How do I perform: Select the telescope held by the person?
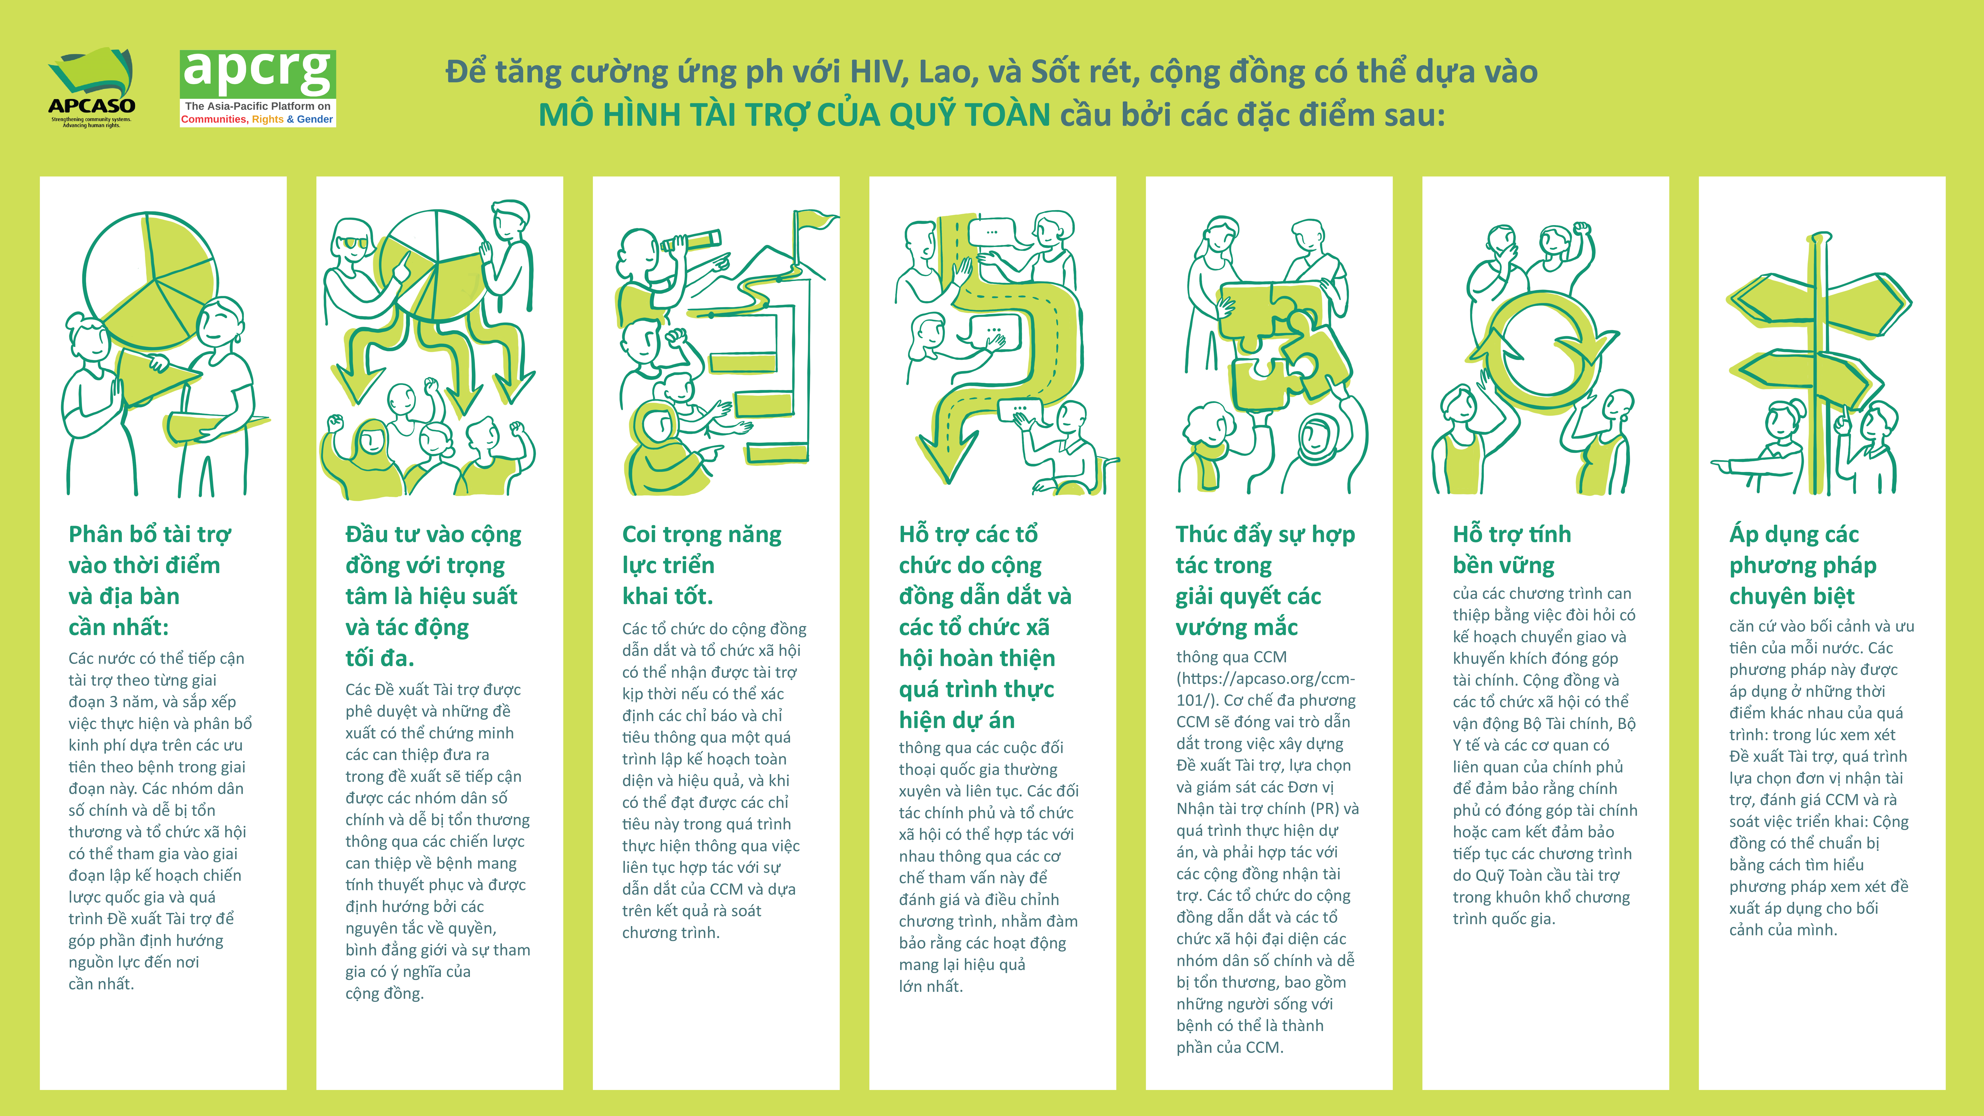pos(692,241)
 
